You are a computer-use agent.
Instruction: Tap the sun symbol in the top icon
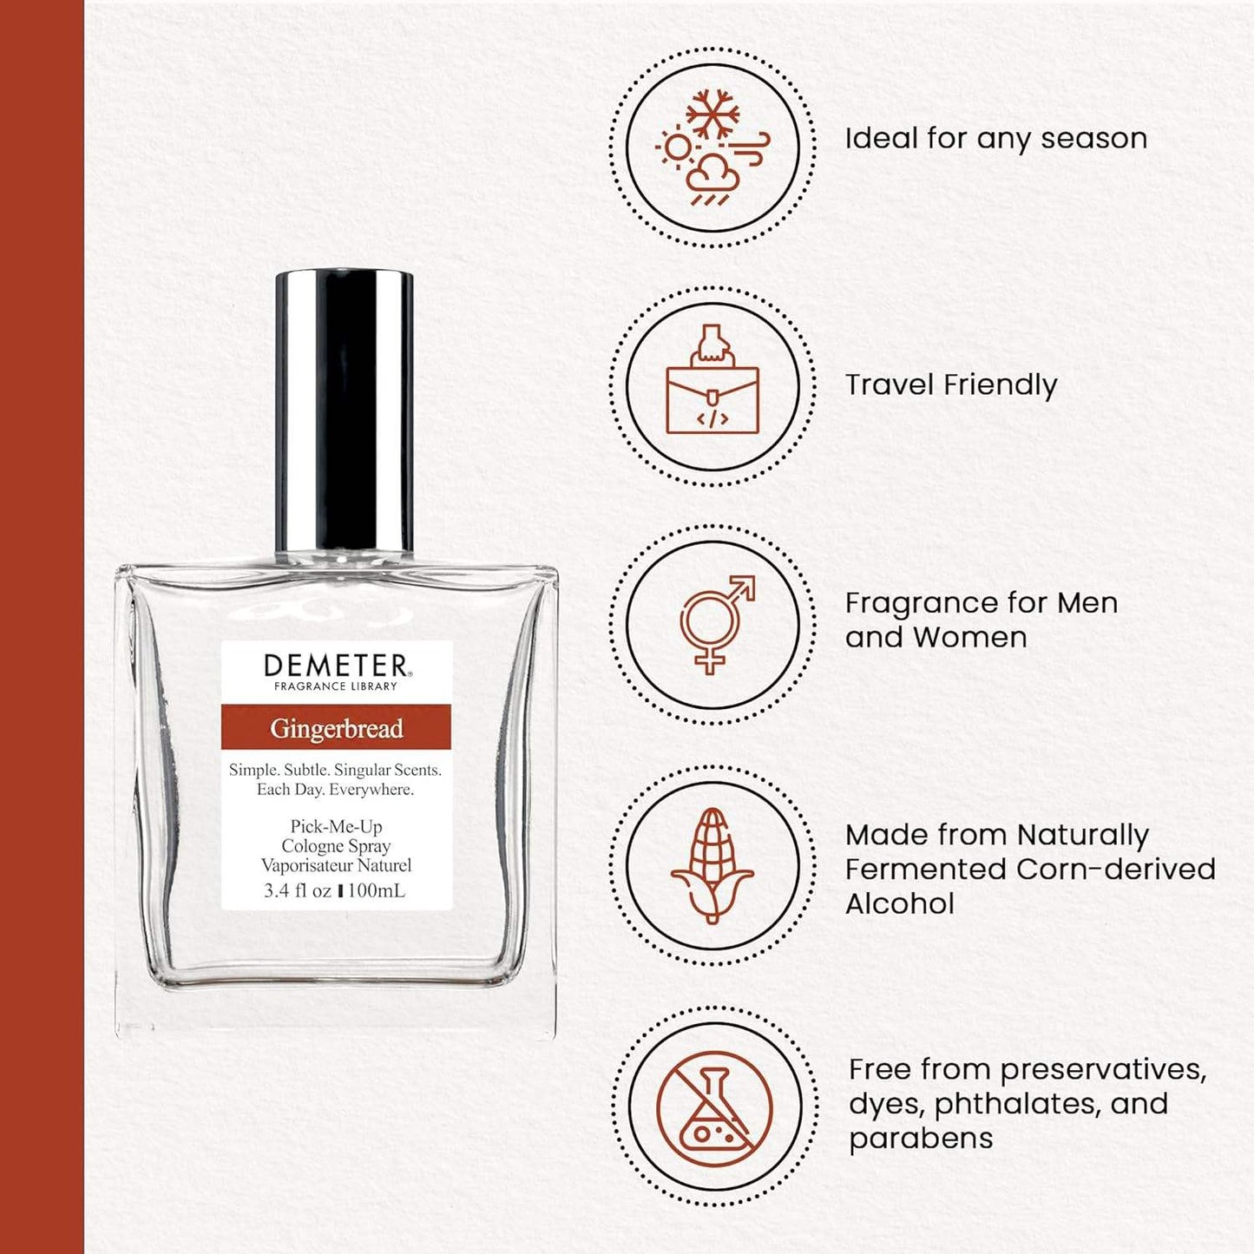(678, 148)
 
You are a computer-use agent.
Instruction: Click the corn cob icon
(712, 865)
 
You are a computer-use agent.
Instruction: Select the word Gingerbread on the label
(337, 729)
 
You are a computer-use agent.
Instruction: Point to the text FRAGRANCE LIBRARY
(336, 686)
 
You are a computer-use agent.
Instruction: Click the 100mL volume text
(376, 891)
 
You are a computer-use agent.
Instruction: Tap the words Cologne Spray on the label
(336, 847)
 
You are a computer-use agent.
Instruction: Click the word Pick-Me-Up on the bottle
(337, 826)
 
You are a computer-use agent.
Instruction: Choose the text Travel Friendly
(951, 384)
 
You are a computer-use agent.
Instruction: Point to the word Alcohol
(899, 903)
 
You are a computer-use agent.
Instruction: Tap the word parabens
(921, 1139)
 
